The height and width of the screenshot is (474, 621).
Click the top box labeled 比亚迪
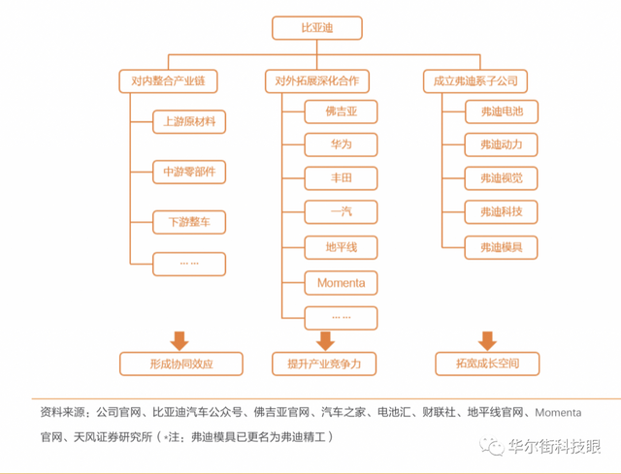pyautogui.click(x=316, y=28)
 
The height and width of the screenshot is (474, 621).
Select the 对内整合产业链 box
pyautogui.click(x=167, y=79)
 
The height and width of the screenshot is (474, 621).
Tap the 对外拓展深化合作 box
pyautogui.click(x=316, y=79)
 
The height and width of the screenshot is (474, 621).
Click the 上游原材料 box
pyautogui.click(x=189, y=122)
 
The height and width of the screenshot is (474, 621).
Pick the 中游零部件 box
pyautogui.click(x=189, y=173)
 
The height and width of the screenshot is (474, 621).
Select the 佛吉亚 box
pyautogui.click(x=341, y=111)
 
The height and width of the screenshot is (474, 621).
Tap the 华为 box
pyautogui.click(x=341, y=145)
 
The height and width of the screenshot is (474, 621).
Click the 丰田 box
pyautogui.click(x=341, y=179)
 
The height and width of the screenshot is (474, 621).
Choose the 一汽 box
pyautogui.click(x=341, y=213)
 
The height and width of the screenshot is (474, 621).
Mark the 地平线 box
pyautogui.click(x=341, y=248)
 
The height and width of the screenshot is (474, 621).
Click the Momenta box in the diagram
pyautogui.click(x=341, y=282)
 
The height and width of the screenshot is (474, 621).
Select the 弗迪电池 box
pyautogui.click(x=501, y=111)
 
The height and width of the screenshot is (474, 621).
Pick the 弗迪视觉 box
pyautogui.click(x=501, y=178)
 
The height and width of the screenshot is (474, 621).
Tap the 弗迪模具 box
pyautogui.click(x=501, y=248)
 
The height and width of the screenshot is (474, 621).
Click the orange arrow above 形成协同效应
pyautogui.click(x=179, y=339)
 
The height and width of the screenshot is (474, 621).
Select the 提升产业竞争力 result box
pyautogui.click(x=324, y=364)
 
